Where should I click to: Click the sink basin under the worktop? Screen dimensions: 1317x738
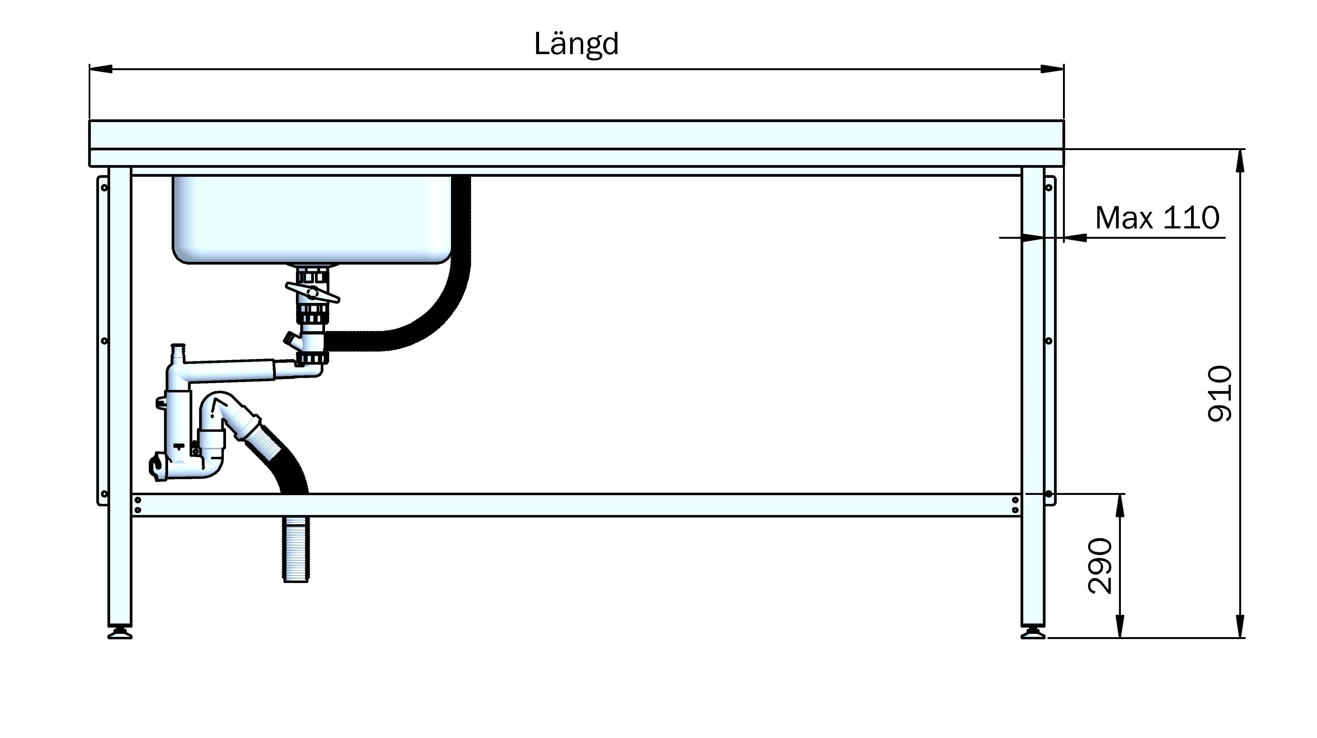pos(312,220)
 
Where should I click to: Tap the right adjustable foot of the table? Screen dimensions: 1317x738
pos(1033,634)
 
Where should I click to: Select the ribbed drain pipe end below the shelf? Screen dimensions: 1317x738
pos(295,549)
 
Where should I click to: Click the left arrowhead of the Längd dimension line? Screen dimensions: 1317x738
pos(101,69)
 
